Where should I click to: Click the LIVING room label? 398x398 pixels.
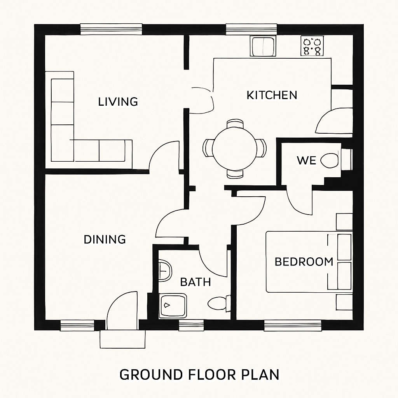tap(118, 102)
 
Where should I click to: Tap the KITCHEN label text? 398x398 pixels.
tap(272, 95)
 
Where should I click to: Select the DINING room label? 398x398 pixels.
tap(105, 239)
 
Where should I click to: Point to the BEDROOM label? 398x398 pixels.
tap(304, 262)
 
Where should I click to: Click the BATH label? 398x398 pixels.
tap(196, 282)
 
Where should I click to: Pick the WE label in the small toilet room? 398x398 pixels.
tap(306, 161)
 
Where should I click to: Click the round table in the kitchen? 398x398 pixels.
tap(234, 148)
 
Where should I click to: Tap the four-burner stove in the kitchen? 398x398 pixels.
tap(312, 46)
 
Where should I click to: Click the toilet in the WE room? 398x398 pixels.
tap(330, 161)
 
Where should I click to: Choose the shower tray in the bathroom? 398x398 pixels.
tap(173, 305)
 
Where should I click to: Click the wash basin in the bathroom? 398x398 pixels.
tap(165, 270)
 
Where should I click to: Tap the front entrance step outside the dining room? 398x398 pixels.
tap(122, 339)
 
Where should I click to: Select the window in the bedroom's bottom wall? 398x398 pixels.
tap(293, 325)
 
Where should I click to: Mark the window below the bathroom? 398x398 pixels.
tap(191, 325)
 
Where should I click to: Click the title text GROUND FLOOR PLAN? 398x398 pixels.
tap(199, 375)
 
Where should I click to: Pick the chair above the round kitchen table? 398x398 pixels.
tap(235, 124)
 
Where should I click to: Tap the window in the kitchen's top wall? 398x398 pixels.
tap(251, 30)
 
